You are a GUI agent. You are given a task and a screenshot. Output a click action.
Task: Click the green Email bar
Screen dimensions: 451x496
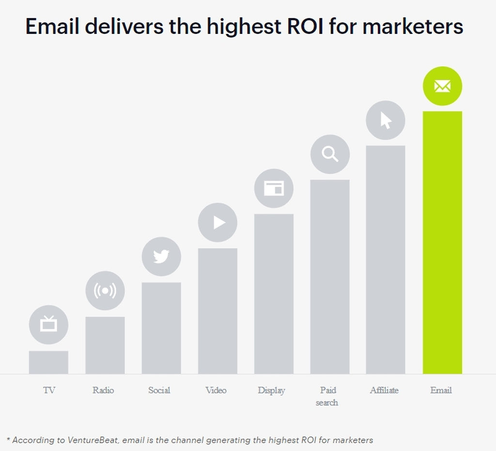[x=442, y=242]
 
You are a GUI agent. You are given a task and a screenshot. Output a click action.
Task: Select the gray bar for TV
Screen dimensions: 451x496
[x=48, y=362]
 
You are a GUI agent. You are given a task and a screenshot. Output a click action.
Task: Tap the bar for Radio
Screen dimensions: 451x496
[x=105, y=345]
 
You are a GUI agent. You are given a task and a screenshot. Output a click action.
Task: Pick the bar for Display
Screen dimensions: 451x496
[x=274, y=294]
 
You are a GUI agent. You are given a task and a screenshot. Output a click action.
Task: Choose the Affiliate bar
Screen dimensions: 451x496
[x=386, y=259]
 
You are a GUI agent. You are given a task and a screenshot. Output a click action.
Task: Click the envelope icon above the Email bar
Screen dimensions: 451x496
[x=442, y=86]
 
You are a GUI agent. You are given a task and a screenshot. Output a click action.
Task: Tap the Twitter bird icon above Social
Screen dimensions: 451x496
[x=161, y=257]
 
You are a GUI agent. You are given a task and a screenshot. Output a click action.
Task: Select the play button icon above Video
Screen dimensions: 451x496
[x=218, y=223]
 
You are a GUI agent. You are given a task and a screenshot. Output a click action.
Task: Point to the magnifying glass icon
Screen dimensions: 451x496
[x=330, y=154]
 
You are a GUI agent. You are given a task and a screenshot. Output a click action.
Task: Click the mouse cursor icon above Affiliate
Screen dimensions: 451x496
[x=386, y=120]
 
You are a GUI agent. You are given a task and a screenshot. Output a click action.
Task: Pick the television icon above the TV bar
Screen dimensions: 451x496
[x=48, y=324]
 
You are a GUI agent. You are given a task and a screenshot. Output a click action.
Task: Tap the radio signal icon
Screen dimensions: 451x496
[x=105, y=291]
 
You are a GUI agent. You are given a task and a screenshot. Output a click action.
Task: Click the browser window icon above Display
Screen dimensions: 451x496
[x=274, y=189]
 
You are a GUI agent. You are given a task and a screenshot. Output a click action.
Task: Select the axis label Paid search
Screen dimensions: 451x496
[x=327, y=396]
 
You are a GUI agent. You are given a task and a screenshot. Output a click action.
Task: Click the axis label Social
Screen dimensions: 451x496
[x=159, y=390]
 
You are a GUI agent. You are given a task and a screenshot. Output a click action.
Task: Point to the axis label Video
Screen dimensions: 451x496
[x=216, y=390]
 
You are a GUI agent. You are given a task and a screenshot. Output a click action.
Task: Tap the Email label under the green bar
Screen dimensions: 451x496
[x=441, y=390]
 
